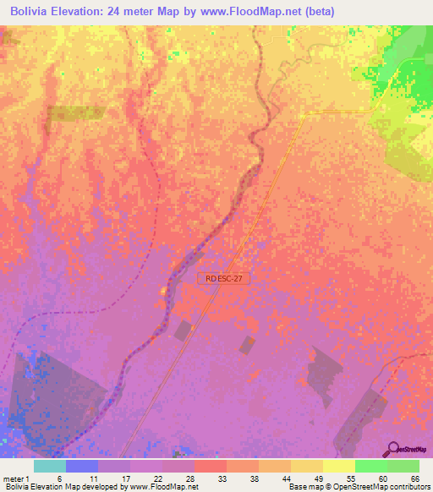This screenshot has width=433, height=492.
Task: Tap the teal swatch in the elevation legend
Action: click(49, 466)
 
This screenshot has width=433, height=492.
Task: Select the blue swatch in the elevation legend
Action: click(81, 466)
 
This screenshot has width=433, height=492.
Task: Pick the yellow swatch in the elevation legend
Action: click(337, 466)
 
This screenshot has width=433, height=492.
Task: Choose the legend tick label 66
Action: click(414, 478)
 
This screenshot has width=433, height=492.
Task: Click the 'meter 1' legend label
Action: click(16, 478)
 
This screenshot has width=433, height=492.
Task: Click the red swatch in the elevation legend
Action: click(210, 466)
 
